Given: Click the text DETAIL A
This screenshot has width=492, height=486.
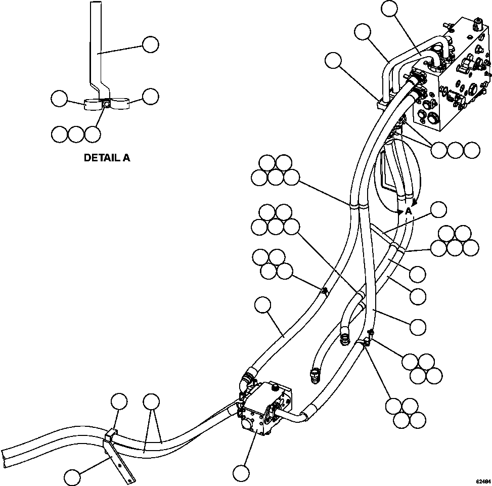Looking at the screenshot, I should pos(107,158).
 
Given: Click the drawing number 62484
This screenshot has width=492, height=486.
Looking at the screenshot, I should pos(482,481).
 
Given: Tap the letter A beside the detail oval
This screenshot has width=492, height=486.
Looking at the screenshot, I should pos(408,211).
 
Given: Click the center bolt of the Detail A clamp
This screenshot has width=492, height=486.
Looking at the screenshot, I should pos(106,104).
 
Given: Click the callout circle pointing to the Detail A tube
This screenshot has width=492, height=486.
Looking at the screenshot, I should pos(151,45).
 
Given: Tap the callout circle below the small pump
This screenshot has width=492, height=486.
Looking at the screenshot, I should pos(242,473).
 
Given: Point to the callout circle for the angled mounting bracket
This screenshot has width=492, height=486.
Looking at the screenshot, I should pos(73,476).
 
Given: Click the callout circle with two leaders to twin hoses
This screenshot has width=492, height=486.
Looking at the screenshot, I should pos(151,402).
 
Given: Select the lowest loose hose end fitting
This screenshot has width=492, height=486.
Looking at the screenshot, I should pos(314,375).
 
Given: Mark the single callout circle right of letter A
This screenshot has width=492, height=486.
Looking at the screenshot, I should pos(438,209).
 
